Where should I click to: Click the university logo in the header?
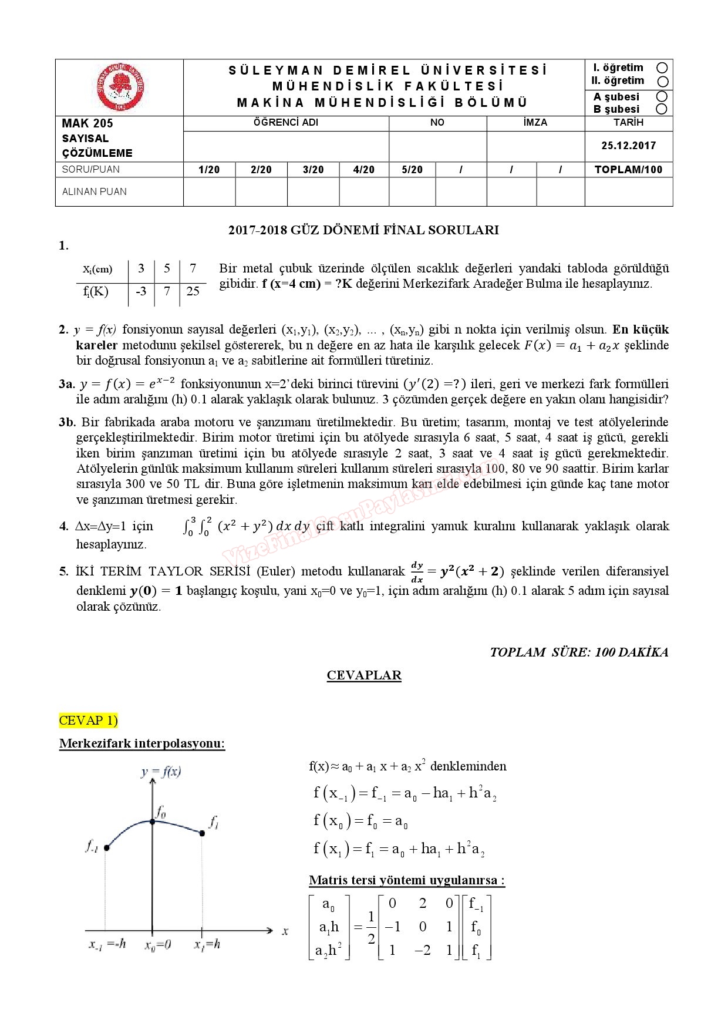point(120,87)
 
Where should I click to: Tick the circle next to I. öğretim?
point(662,68)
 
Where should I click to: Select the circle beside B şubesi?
point(662,109)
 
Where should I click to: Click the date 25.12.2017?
point(628,146)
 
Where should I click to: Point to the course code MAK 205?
point(87,123)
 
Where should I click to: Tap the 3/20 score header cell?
point(313,170)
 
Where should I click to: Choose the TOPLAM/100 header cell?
point(628,170)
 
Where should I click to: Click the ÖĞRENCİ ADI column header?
point(286,123)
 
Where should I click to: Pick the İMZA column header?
point(535,123)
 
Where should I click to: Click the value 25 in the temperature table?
point(193,291)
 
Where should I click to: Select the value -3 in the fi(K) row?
point(141,291)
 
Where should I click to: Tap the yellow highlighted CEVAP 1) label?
point(89,720)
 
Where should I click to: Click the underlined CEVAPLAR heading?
point(364,675)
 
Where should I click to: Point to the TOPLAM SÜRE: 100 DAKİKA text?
point(579,652)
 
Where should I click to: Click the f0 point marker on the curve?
point(153,822)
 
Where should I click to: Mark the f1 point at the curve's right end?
point(203,833)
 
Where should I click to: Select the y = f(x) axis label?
point(160,772)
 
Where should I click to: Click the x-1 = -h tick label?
point(107,944)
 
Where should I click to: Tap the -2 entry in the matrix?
point(423,950)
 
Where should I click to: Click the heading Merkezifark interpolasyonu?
point(142,743)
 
